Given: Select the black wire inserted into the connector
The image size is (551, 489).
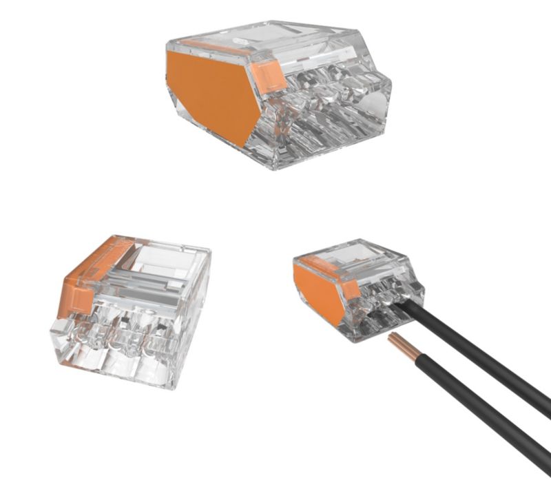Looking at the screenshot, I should [482, 358].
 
